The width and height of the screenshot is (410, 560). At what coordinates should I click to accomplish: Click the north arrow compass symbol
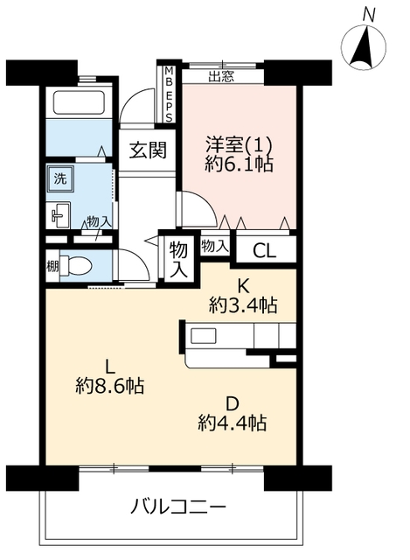coord(364,47)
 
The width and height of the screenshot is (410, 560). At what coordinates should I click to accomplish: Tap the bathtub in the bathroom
coord(80,101)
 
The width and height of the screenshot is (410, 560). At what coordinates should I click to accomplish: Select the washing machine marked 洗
coord(60,178)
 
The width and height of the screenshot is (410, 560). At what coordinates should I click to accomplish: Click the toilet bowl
coord(76,266)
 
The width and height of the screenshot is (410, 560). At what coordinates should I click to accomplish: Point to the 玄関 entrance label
coord(148,150)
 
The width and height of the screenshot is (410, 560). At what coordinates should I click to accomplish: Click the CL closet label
coord(264,251)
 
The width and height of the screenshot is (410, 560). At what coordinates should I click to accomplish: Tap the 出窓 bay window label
coord(221,76)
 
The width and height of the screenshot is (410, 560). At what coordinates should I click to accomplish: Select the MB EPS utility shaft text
coord(169,94)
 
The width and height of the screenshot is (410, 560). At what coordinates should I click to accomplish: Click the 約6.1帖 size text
coord(239,164)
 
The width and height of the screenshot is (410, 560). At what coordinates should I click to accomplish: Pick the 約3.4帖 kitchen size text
coord(243,305)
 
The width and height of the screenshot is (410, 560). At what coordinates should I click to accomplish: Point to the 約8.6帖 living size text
coord(109,386)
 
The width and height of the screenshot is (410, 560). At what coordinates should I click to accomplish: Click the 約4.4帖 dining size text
coord(233,423)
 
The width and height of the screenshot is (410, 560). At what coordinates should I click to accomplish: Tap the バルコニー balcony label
coord(178,507)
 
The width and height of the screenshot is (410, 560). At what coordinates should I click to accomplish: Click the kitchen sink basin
coord(204,336)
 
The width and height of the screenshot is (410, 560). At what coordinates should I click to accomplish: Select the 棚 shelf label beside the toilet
coord(52,266)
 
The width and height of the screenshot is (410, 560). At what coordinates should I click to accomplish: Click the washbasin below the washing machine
coord(59,215)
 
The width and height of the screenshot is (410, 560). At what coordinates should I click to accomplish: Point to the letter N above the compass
coord(369,16)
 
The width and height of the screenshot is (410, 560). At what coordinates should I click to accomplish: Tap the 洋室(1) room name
coord(239,145)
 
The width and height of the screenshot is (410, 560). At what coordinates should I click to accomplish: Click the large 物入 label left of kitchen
coord(178,259)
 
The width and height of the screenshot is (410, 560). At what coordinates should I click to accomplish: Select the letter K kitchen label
coord(243,286)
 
